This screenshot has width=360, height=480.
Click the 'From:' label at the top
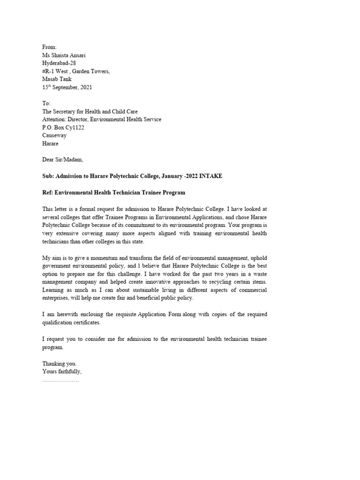49,47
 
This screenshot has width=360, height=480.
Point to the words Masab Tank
57,79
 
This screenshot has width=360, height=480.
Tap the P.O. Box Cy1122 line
63,127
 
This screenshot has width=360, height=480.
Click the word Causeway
54,135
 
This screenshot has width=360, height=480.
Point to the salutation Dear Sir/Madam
62,159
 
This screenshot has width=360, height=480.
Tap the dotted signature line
61,380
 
